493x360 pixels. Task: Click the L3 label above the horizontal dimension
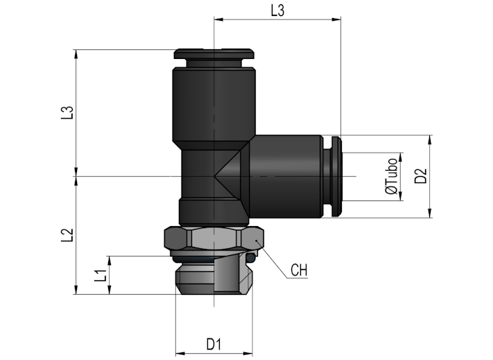tap(277, 10)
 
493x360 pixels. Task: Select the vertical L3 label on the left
tap(67, 113)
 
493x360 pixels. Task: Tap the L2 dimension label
tap(67, 235)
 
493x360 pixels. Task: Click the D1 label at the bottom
tap(214, 344)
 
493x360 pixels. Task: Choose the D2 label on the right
tap(421, 176)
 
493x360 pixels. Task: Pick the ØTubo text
tap(392, 176)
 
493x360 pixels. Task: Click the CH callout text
tap(299, 270)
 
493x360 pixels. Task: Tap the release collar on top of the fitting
tap(214, 54)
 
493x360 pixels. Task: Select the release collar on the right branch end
tap(336, 176)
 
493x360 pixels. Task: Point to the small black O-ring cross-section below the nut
tap(250, 257)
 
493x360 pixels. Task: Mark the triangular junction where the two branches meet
tap(231, 176)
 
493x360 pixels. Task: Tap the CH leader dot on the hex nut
tap(257, 241)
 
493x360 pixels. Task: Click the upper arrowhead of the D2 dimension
tap(430, 140)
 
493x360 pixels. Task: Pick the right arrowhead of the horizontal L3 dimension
tap(336, 19)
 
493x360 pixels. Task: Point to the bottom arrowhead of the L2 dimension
tap(76, 289)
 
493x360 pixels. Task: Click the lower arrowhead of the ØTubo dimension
tap(401, 196)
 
